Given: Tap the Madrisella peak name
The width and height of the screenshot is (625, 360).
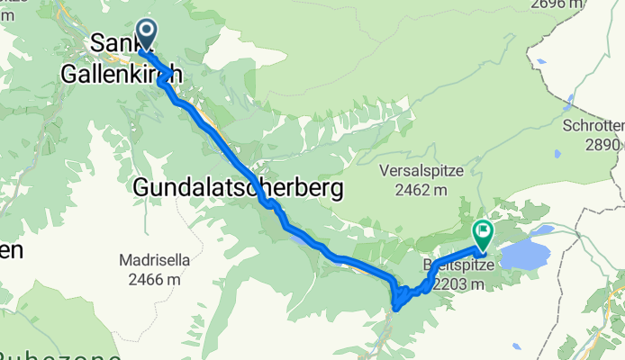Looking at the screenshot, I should (154, 261).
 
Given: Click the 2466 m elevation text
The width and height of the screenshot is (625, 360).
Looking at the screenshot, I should (154, 280).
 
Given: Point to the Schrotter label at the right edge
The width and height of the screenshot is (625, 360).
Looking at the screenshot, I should (593, 126).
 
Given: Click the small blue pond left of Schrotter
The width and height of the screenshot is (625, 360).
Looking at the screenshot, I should (557, 128).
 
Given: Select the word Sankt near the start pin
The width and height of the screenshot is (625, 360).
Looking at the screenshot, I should (113, 42).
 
